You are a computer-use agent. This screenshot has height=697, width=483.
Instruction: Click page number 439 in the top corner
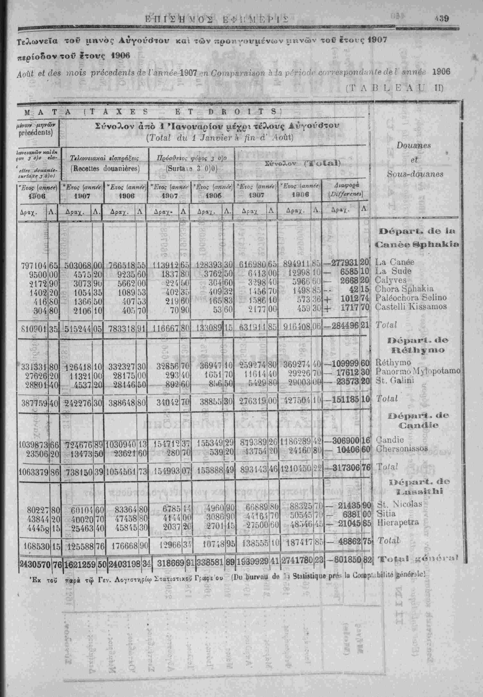[x=442, y=18]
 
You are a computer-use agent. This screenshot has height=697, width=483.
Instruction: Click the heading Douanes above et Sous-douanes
[x=414, y=145]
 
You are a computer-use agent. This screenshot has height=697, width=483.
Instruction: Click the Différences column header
[x=345, y=194]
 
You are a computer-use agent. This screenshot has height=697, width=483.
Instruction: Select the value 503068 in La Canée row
[x=77, y=266]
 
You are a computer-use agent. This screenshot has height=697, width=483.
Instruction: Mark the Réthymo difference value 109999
[x=346, y=362]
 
